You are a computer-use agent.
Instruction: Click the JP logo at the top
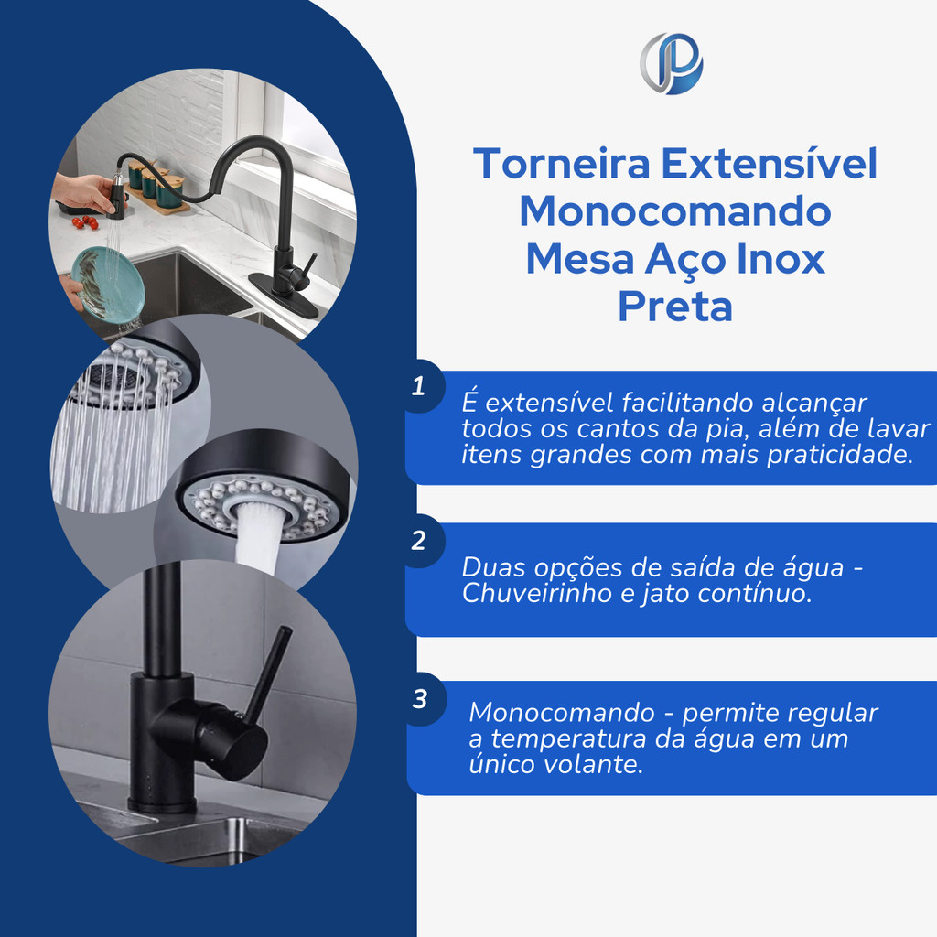[671, 63]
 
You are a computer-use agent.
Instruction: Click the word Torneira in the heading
[562, 163]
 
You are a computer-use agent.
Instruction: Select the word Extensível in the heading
[770, 163]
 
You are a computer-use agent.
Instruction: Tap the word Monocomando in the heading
[675, 211]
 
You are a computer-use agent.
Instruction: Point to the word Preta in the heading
[675, 307]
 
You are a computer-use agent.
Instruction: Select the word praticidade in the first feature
[840, 455]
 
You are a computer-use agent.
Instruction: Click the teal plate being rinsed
[108, 285]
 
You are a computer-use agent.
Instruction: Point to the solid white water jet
[257, 537]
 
